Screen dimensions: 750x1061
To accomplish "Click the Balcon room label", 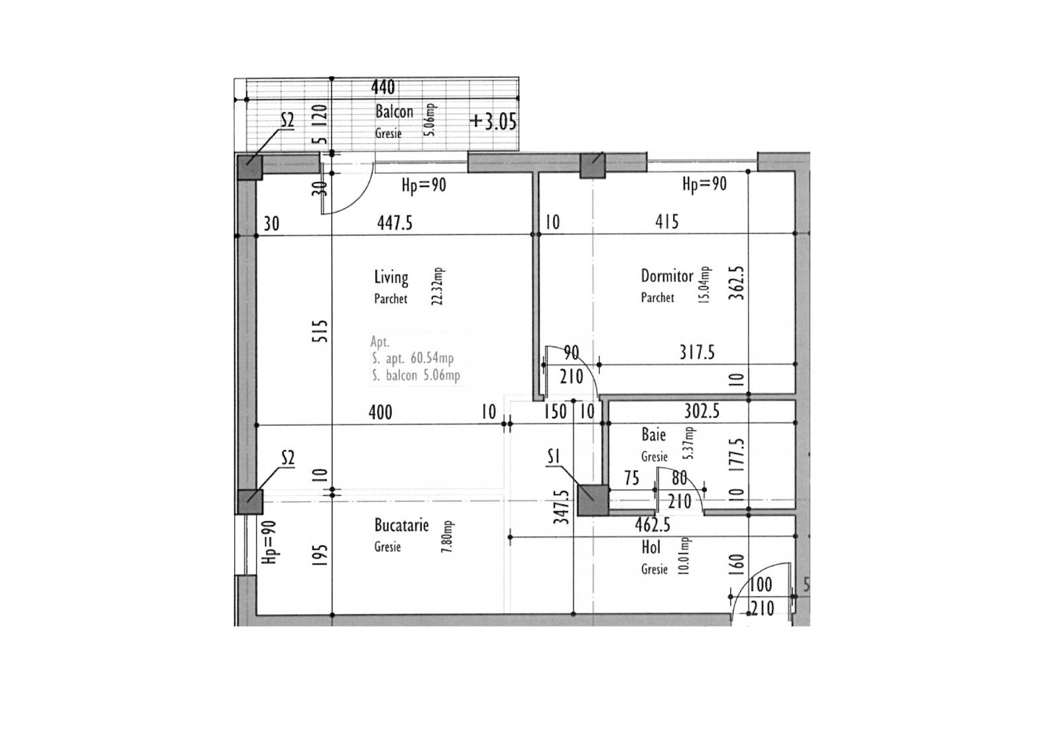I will pyautogui.click(x=394, y=112).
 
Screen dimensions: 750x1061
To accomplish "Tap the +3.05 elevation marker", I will pyautogui.click(x=493, y=122).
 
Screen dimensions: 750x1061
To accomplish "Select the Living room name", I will pyautogui.click(x=391, y=277).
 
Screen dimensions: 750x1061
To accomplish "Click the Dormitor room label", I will pyautogui.click(x=666, y=275).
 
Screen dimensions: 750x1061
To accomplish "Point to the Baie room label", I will pyautogui.click(x=653, y=435).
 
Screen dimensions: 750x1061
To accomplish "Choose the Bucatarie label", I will pyautogui.click(x=401, y=526).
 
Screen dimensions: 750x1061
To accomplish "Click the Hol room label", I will pyautogui.click(x=651, y=548).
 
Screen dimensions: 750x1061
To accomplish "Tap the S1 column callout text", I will pyautogui.click(x=554, y=457).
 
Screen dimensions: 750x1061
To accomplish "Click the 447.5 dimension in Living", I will pyautogui.click(x=395, y=224).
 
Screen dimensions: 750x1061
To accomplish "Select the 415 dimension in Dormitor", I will pyautogui.click(x=666, y=222).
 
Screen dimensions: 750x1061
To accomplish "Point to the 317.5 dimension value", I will pyautogui.click(x=696, y=352).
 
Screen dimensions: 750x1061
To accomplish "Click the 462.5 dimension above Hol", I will pyautogui.click(x=653, y=526).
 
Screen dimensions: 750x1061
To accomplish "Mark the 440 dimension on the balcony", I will pyautogui.click(x=383, y=88).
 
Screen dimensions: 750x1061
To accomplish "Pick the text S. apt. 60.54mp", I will pyautogui.click(x=412, y=359).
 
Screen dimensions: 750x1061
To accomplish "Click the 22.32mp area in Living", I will pyautogui.click(x=438, y=286).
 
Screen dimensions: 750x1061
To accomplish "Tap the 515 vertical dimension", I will pyautogui.click(x=320, y=331).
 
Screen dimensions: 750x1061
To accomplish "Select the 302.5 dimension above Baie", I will pyautogui.click(x=702, y=412).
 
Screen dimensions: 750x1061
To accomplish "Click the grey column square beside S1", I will pyautogui.click(x=592, y=500).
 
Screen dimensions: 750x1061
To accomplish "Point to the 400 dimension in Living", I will pyautogui.click(x=380, y=413).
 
